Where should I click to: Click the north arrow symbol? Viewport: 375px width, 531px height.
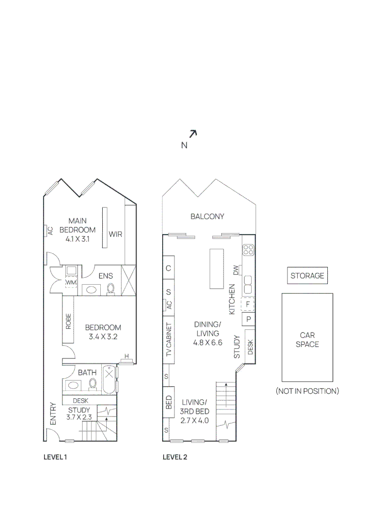point(193,133)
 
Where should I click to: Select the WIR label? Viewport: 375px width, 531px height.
point(115,235)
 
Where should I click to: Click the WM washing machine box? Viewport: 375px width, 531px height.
point(71,282)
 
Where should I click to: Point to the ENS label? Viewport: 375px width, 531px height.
point(105,276)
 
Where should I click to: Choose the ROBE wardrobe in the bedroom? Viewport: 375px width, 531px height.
point(68,321)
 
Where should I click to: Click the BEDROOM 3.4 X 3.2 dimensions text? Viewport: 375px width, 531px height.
point(103,337)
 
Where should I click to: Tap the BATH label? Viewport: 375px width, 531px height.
point(87,372)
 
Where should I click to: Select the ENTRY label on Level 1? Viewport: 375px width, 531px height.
point(53,414)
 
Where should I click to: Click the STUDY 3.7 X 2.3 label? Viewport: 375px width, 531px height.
point(79,413)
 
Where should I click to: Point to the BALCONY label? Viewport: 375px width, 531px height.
point(207,216)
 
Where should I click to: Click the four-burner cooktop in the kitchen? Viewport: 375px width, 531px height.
point(248,250)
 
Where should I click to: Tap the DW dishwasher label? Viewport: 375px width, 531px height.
point(236,270)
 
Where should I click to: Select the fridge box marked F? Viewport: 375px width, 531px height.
point(248,304)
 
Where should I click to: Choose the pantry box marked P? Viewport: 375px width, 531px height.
point(248,319)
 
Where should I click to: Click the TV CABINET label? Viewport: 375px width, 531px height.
point(168,340)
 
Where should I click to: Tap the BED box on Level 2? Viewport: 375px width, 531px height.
point(169,403)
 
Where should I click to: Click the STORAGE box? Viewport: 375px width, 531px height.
point(307,276)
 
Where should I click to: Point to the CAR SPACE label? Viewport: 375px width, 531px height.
point(307,340)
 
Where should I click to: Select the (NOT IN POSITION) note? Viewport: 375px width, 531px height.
point(307,391)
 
